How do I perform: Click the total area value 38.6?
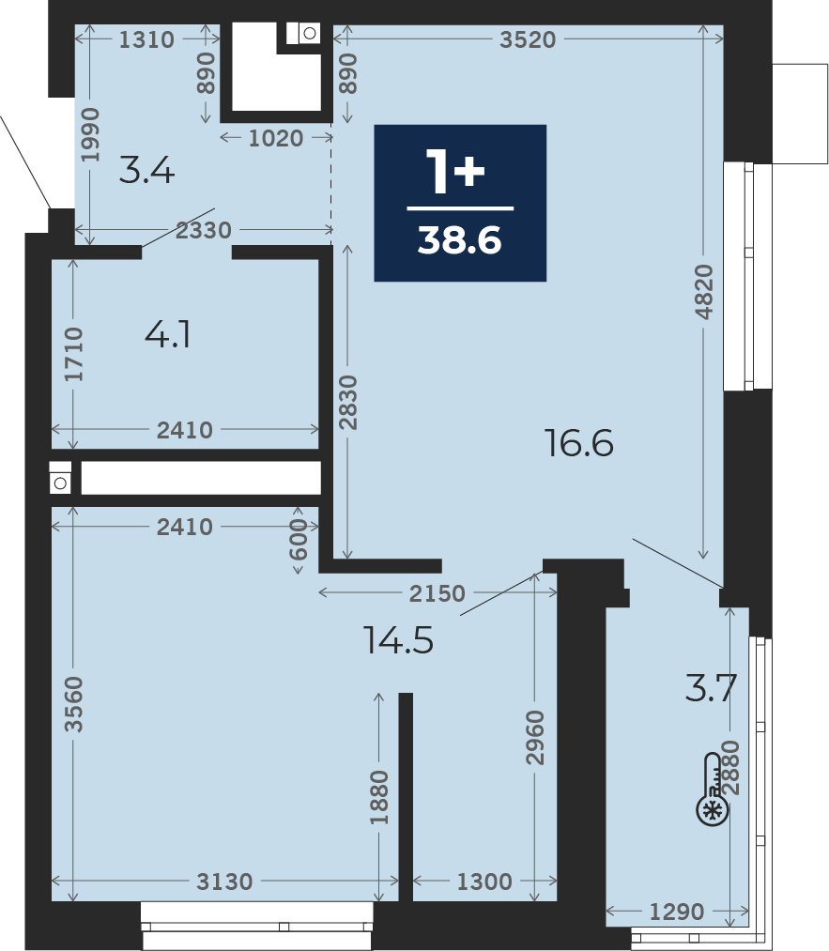pyautogui.click(x=460, y=240)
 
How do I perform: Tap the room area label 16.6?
pyautogui.click(x=579, y=443)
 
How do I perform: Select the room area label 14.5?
pyautogui.click(x=398, y=640)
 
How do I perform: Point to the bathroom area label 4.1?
pyautogui.click(x=168, y=334)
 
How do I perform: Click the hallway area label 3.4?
pyautogui.click(x=146, y=170)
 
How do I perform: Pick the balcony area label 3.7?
pyautogui.click(x=711, y=688)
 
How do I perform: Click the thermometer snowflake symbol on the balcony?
pyautogui.click(x=712, y=790)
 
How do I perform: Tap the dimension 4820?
pyautogui.click(x=704, y=292)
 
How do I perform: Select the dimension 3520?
pyautogui.click(x=528, y=39)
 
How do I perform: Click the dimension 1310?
pyautogui.click(x=146, y=39)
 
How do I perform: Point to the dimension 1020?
pyautogui.click(x=276, y=138)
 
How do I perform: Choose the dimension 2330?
pyautogui.click(x=204, y=230)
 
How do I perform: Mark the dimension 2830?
pyautogui.click(x=348, y=403)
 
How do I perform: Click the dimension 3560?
pyautogui.click(x=73, y=704)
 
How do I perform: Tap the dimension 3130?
pyautogui.click(x=224, y=882)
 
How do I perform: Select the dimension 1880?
pyautogui.click(x=379, y=797)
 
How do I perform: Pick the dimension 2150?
pyautogui.click(x=438, y=593)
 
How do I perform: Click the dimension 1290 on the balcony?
pyautogui.click(x=677, y=912)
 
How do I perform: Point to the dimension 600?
pyautogui.click(x=299, y=539)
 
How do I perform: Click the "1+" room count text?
pyautogui.click(x=455, y=171)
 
